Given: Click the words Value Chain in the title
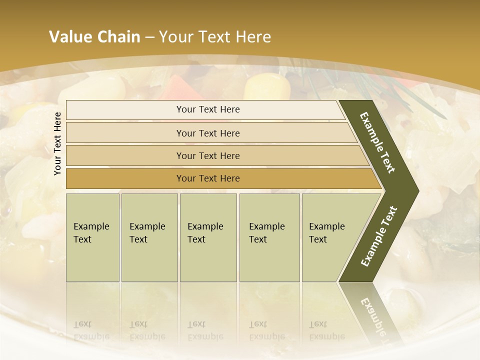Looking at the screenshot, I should tap(94, 37).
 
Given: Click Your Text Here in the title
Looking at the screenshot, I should tap(215, 37).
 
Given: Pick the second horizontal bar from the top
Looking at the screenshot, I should tap(208, 133).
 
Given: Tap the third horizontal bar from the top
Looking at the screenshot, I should tap(208, 155).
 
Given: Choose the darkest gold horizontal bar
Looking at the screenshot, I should tap(208, 178).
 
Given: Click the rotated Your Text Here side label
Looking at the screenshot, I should tap(57, 143).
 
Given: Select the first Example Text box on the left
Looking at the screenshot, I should tap(92, 237).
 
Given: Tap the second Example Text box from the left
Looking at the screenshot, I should tap(149, 237).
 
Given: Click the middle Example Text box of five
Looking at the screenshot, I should tap(208, 237).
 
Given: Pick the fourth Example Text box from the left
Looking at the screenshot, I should tap(269, 237).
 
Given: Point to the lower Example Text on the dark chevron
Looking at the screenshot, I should tap(379, 236).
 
